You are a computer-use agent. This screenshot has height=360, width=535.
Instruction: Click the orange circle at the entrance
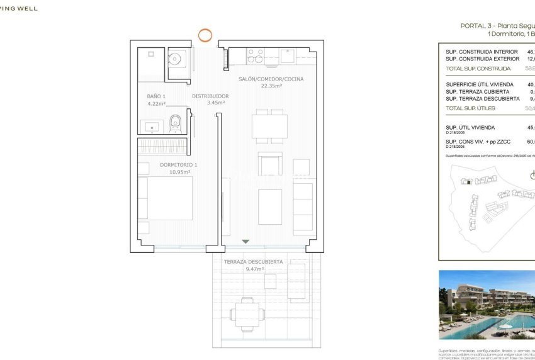point(205,35)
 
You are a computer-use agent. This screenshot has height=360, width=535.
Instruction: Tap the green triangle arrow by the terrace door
point(245,241)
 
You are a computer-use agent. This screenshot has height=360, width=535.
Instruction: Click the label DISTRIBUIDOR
point(210,96)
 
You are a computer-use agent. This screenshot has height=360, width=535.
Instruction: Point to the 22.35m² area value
point(271,86)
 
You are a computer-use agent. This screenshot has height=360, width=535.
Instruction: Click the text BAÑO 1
point(155,96)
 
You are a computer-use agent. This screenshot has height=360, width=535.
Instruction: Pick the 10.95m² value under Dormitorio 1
point(179,171)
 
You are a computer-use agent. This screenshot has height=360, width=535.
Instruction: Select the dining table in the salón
point(269,125)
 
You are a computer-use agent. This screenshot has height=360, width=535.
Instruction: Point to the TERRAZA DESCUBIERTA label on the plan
point(253,261)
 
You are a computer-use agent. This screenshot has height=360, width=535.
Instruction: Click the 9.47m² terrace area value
point(254,269)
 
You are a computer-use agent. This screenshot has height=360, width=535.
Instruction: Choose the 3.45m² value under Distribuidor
point(210,103)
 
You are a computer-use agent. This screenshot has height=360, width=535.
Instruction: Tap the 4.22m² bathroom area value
point(155,103)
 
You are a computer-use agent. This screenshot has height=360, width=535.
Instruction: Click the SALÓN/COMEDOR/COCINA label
point(271,79)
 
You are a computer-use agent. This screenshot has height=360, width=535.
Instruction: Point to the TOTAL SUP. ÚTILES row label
point(470,108)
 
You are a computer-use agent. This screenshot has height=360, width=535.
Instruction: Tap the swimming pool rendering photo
point(487,305)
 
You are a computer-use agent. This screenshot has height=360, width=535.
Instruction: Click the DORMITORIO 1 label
point(179,164)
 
